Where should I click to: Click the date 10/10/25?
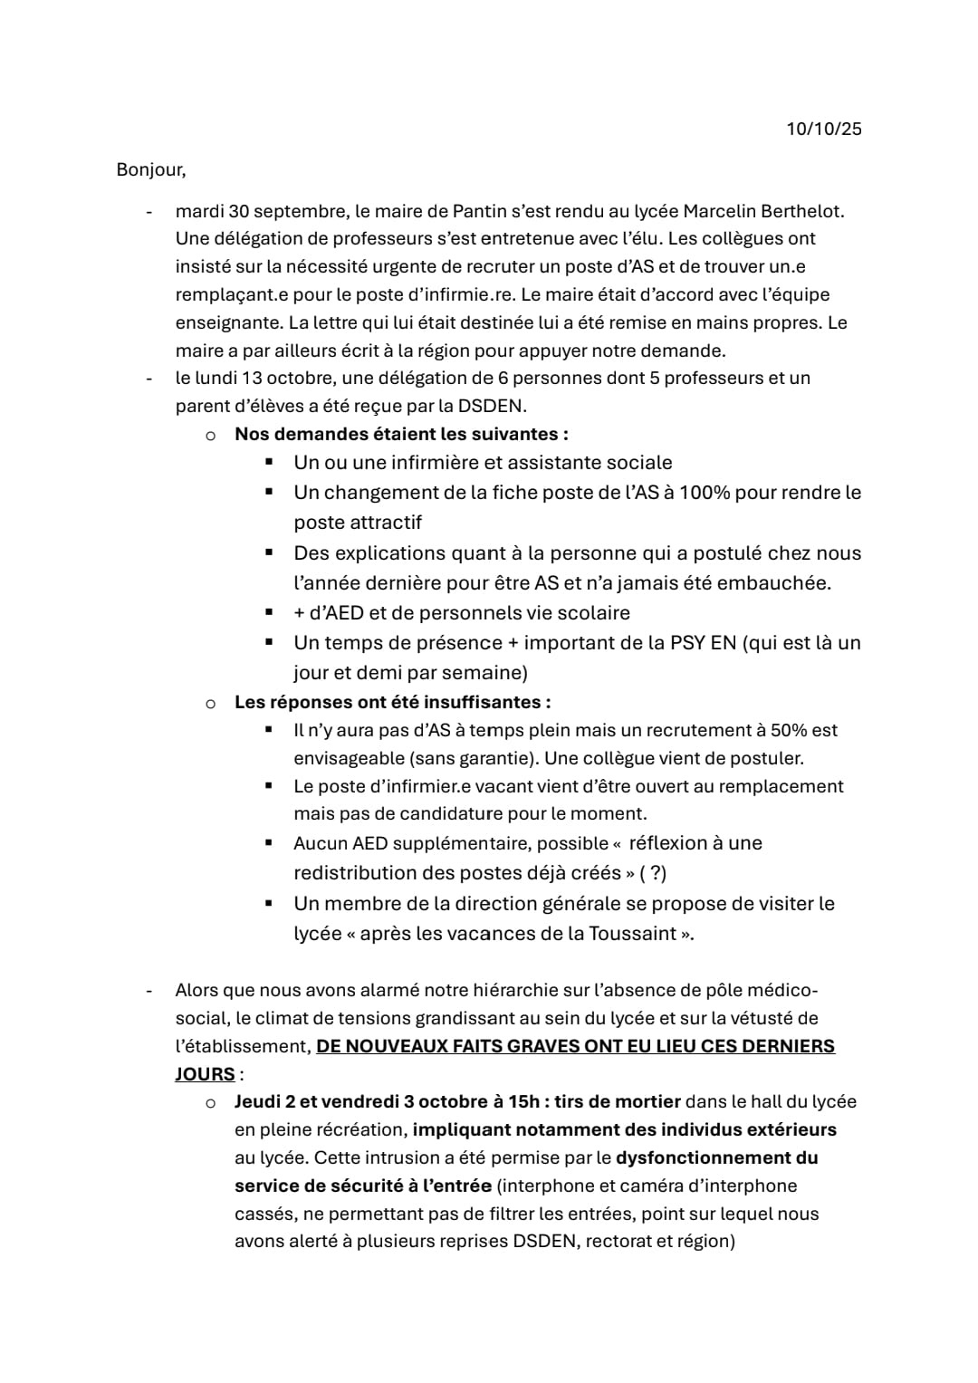coord(823,129)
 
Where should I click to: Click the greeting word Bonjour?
coord(150,169)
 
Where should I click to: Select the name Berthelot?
coord(801,211)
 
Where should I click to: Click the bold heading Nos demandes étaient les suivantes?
coord(401,434)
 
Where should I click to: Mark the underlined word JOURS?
coord(205,1074)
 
